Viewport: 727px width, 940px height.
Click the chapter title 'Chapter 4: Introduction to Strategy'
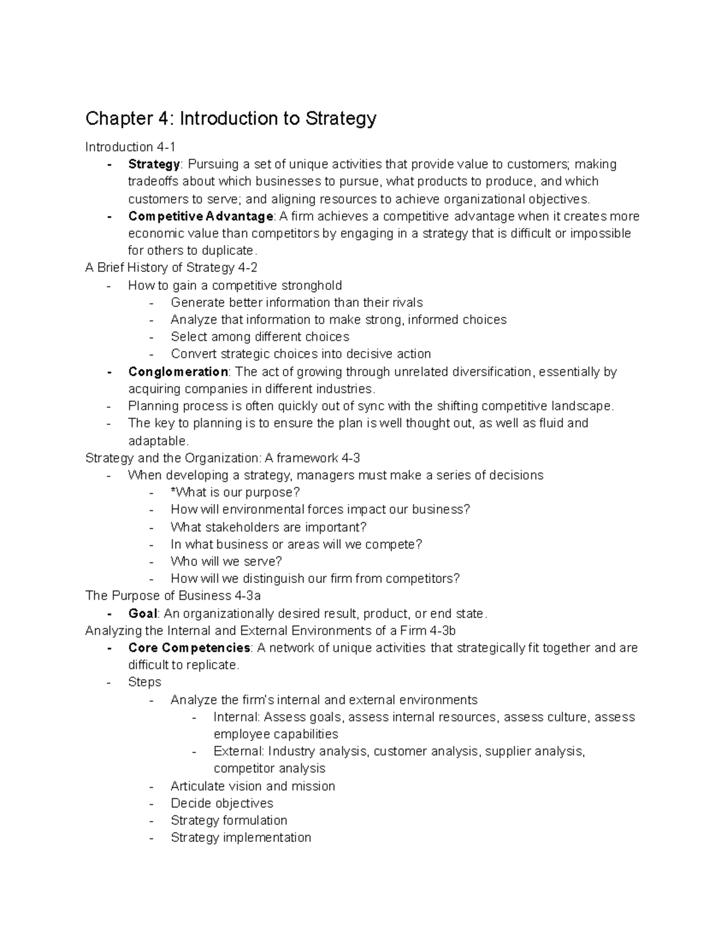pyautogui.click(x=231, y=118)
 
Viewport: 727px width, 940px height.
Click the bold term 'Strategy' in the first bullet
pyautogui.click(x=154, y=164)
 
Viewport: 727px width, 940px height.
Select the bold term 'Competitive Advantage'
pyautogui.click(x=201, y=216)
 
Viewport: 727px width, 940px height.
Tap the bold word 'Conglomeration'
pyautogui.click(x=178, y=372)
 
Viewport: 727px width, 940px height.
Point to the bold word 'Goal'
pyautogui.click(x=142, y=614)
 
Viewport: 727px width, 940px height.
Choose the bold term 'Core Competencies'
pyautogui.click(x=189, y=648)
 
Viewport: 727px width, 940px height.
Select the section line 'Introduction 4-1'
pyautogui.click(x=130, y=147)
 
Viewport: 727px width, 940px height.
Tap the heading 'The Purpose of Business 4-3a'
pyautogui.click(x=173, y=596)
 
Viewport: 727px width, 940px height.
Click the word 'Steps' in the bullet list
pyautogui.click(x=145, y=682)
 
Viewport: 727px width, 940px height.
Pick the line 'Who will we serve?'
pyautogui.click(x=227, y=561)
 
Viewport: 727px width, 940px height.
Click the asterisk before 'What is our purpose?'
pyautogui.click(x=173, y=491)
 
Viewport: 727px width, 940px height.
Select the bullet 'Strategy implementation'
pyautogui.click(x=241, y=838)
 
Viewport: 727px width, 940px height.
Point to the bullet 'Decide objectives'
pyautogui.click(x=222, y=803)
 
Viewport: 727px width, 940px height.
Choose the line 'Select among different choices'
pyautogui.click(x=260, y=337)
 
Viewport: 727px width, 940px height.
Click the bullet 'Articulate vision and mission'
pyautogui.click(x=253, y=786)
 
